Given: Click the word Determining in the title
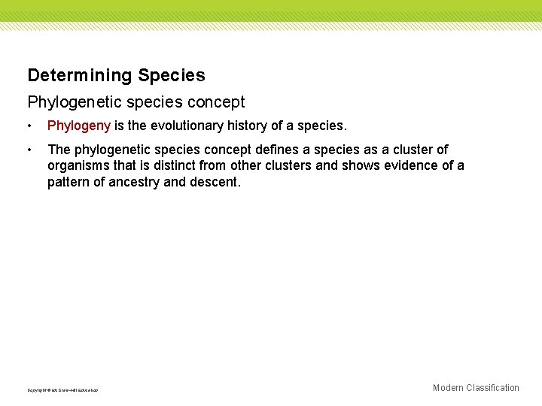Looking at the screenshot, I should [79, 75].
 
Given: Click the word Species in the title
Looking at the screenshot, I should [172, 75].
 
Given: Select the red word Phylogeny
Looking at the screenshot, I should [79, 125].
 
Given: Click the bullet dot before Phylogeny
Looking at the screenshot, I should [29, 125].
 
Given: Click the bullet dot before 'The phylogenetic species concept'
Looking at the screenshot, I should [29, 150].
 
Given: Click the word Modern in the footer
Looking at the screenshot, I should [448, 388].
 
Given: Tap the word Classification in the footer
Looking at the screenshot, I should [492, 388].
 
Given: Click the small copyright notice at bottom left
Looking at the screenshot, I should [62, 390].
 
